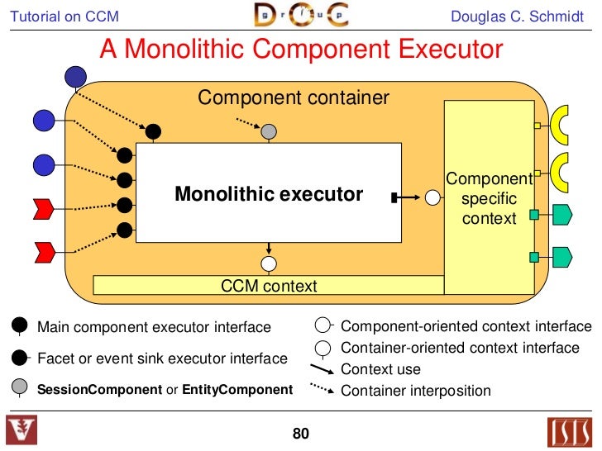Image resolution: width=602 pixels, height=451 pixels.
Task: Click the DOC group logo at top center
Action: click(300, 16)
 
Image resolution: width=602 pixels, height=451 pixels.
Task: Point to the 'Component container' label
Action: click(293, 98)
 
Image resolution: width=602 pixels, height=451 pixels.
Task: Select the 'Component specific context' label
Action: click(489, 199)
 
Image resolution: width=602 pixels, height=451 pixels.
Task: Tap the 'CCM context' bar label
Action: click(269, 286)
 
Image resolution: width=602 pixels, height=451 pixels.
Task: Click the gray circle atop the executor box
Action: click(268, 131)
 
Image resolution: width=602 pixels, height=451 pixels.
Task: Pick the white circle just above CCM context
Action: click(268, 263)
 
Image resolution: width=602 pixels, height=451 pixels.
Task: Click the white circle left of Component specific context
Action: click(432, 197)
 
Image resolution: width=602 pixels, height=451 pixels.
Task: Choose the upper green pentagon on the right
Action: click(561, 216)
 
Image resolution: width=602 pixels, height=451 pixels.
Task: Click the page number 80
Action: click(300, 433)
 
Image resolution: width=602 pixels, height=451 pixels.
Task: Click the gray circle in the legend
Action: click(21, 387)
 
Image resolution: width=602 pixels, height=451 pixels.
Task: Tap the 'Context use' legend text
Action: click(380, 369)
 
